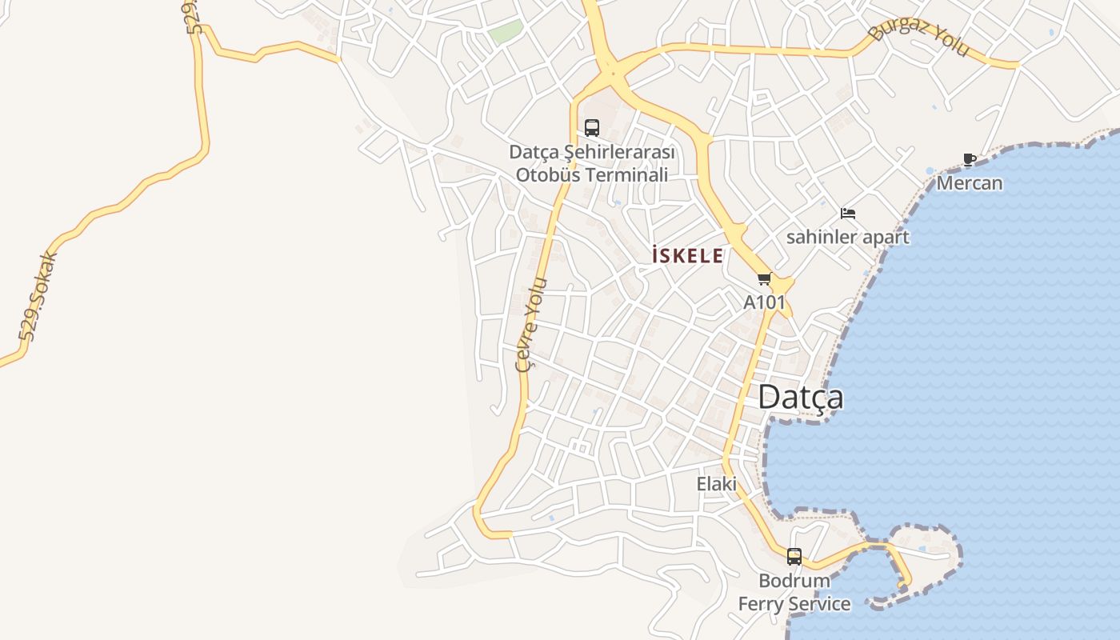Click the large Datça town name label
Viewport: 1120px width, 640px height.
point(800,397)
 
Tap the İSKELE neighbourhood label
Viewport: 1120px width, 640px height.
point(688,256)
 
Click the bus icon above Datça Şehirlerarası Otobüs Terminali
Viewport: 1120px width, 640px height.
point(592,127)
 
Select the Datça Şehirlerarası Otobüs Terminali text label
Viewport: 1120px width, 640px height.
point(592,163)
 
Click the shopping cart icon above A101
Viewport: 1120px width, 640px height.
point(764,279)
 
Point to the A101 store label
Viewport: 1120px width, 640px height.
point(764,302)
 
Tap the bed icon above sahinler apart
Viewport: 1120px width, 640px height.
point(848,214)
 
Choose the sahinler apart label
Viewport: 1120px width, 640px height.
point(848,237)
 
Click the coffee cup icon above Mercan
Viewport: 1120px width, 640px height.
point(969,159)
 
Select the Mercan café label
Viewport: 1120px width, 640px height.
point(969,183)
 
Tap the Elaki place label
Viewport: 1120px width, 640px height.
point(716,483)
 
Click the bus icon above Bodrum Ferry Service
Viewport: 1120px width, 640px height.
point(794,556)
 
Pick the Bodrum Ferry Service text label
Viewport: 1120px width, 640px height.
point(794,592)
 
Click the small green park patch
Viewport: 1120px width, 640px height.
point(506,32)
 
